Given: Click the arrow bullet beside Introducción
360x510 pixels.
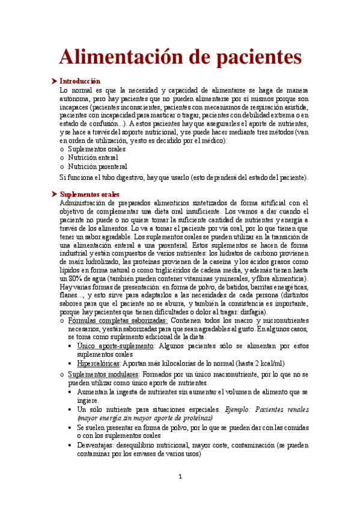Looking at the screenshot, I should [55, 81].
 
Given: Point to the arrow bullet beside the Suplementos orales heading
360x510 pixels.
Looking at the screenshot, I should [55, 194].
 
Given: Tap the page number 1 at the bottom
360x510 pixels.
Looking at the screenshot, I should [180, 477].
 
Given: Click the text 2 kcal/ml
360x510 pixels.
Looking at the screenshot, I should [265, 364].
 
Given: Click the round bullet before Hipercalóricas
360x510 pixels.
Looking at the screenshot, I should [72, 364].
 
